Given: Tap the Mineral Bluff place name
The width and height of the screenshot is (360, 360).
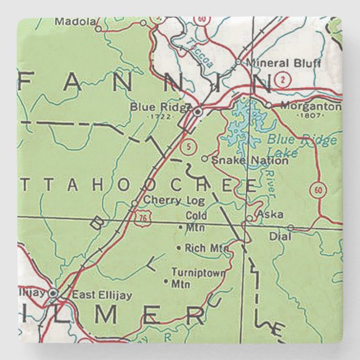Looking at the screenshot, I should click(x=283, y=63).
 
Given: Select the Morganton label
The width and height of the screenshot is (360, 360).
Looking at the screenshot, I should click(x=310, y=105).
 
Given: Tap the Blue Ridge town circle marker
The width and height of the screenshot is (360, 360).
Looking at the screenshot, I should click(x=198, y=112).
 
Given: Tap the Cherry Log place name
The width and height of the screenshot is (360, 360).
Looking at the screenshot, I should click(x=167, y=200).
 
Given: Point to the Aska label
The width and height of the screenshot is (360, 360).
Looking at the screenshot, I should click(x=269, y=214).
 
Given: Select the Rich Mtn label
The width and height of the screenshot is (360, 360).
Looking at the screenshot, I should click(x=202, y=247).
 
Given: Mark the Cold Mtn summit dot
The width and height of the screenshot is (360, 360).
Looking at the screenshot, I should click(x=180, y=228).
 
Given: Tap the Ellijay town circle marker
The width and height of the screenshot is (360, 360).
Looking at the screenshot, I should click(x=53, y=292).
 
